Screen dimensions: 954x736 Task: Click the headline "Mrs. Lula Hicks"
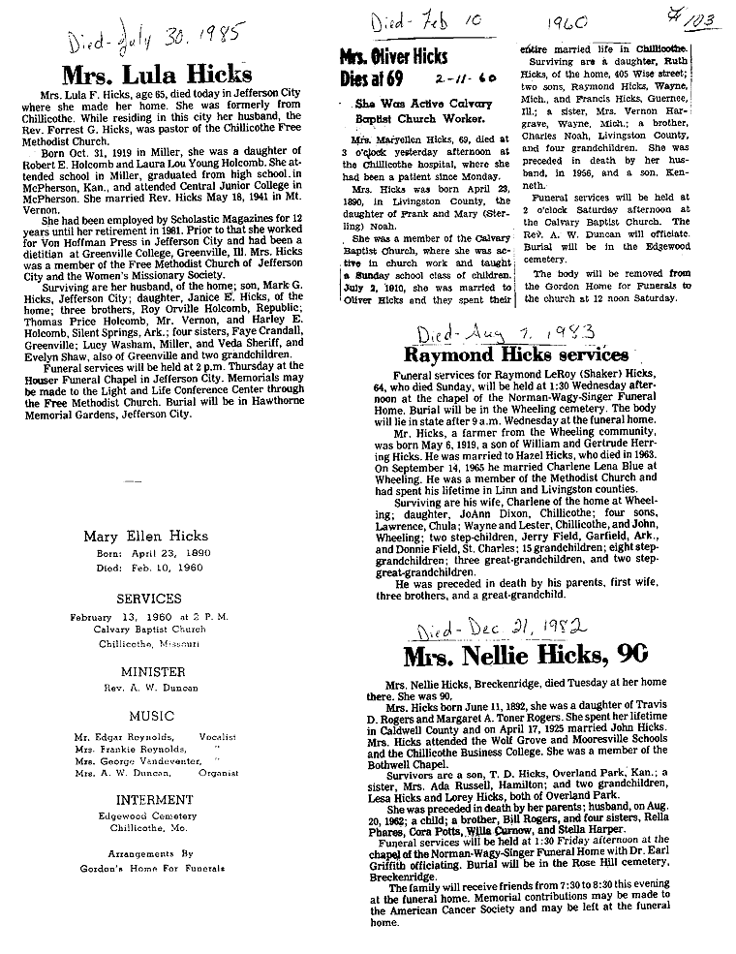(x=157, y=75)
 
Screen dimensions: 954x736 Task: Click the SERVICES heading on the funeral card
(x=148, y=599)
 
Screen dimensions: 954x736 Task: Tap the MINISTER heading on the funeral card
(x=148, y=671)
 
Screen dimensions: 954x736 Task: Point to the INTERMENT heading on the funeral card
(x=148, y=800)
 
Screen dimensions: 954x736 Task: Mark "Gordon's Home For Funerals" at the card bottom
(x=148, y=869)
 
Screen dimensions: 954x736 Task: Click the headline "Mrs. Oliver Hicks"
(x=393, y=57)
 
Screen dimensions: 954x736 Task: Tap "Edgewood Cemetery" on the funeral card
(x=148, y=816)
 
